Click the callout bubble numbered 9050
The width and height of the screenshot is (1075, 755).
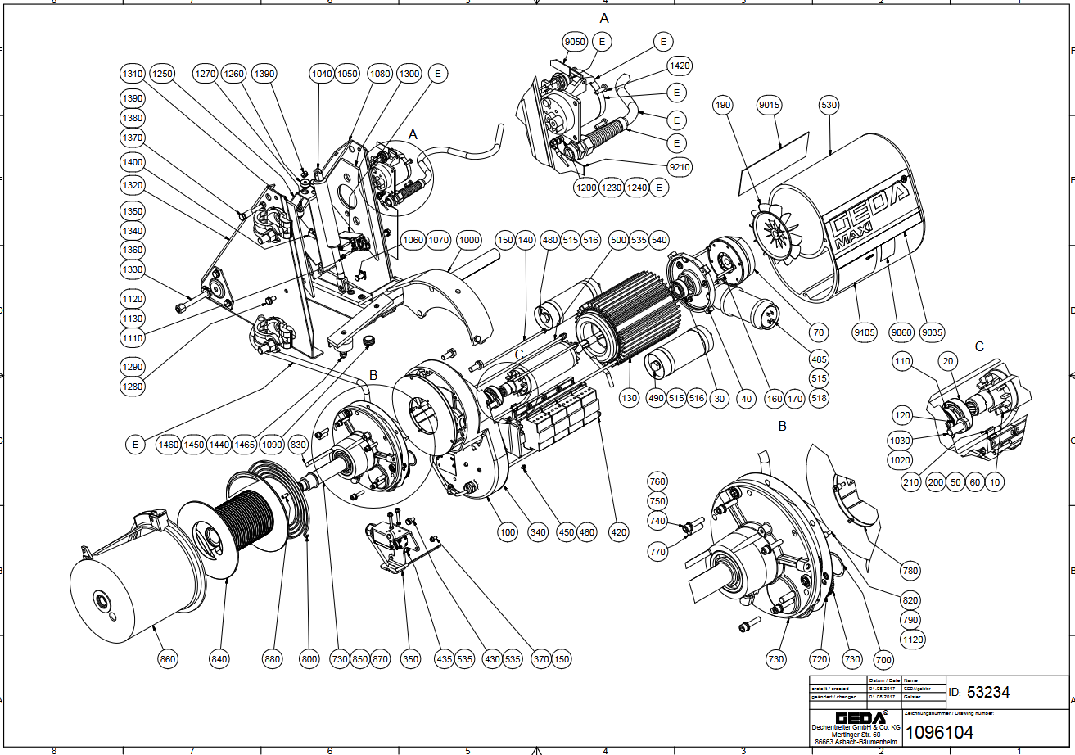pos(575,42)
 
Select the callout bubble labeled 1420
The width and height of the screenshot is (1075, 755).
pos(680,66)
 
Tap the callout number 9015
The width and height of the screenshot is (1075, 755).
pos(769,105)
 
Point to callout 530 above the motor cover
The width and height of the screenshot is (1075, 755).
pos(829,105)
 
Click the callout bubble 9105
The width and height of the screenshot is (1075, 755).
pos(865,332)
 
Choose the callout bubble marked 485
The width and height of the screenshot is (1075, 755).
pos(818,359)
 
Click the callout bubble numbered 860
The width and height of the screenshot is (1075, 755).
pos(168,658)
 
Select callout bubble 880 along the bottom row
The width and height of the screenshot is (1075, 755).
pos(273,658)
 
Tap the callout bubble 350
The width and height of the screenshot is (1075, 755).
pos(410,658)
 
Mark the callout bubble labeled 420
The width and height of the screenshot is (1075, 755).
pos(620,532)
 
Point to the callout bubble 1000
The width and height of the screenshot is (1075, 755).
pos(468,241)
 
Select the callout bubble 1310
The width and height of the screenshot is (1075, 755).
pos(132,74)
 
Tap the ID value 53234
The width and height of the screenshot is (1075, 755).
pos(988,693)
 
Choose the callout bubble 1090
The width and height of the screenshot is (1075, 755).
pos(272,444)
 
